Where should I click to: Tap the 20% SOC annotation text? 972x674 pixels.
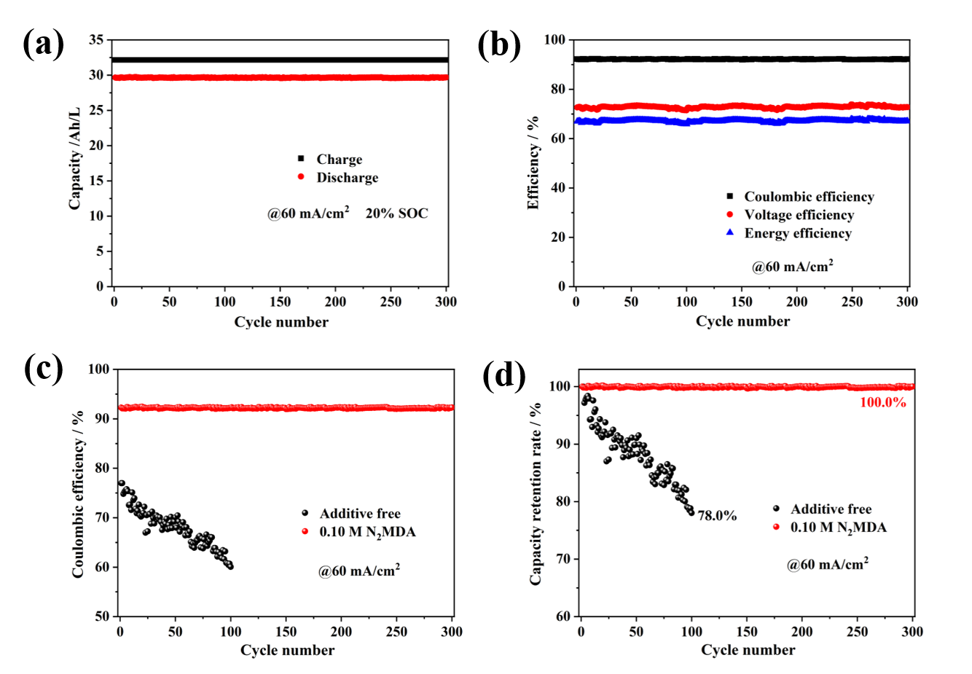coord(396,213)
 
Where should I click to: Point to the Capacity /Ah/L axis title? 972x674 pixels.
coord(74,158)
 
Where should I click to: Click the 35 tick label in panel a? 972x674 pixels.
coord(96,40)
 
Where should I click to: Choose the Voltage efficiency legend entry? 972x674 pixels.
coord(799,215)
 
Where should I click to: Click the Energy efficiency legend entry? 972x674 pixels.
coord(797,233)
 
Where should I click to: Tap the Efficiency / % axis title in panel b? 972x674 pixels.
coord(533,162)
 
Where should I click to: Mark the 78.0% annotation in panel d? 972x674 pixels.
coord(717,516)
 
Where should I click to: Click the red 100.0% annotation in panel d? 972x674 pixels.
coord(883,402)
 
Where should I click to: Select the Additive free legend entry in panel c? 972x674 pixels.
coord(359,514)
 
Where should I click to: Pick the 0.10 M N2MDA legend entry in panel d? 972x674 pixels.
coord(838,528)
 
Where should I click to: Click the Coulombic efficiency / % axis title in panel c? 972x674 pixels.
coord(78,494)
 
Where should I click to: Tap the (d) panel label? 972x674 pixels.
coord(503,376)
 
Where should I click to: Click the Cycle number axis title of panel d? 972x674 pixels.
coord(748,650)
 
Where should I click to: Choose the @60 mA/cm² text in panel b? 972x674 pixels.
coord(792,267)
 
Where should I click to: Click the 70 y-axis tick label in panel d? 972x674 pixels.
coord(563,559)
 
